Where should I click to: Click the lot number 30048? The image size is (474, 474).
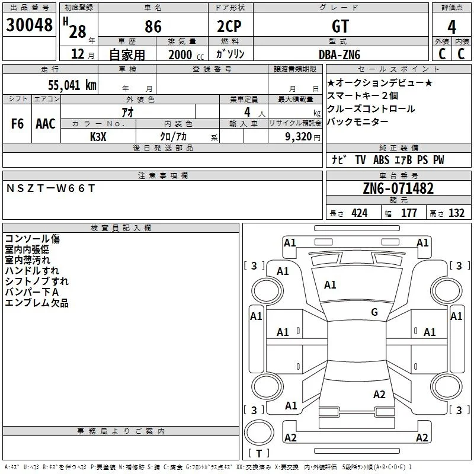(x=29, y=25)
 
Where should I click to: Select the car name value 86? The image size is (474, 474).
(x=153, y=26)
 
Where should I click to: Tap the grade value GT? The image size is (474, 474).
(x=340, y=26)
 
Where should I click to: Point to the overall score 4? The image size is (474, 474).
(x=451, y=27)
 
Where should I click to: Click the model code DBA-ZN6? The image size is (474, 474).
(x=340, y=55)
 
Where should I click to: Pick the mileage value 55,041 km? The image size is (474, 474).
(x=72, y=85)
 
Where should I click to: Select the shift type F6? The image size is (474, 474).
(x=17, y=124)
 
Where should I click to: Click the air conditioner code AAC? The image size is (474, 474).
(x=46, y=124)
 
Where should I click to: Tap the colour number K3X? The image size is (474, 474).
(x=98, y=137)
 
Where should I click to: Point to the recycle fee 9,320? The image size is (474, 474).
(x=299, y=137)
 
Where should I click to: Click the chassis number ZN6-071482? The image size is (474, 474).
(x=398, y=188)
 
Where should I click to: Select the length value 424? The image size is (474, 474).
(x=360, y=213)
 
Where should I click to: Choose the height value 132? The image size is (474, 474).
(x=456, y=213)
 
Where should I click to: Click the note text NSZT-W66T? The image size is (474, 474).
(x=50, y=188)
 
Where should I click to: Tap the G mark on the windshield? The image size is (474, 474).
(x=374, y=312)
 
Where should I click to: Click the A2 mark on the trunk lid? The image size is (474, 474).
(x=379, y=394)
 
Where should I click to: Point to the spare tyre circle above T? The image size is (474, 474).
(x=259, y=433)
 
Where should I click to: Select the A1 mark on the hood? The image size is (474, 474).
(x=330, y=284)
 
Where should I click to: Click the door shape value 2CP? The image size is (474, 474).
(x=229, y=26)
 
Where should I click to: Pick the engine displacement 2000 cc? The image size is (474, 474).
(x=186, y=55)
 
